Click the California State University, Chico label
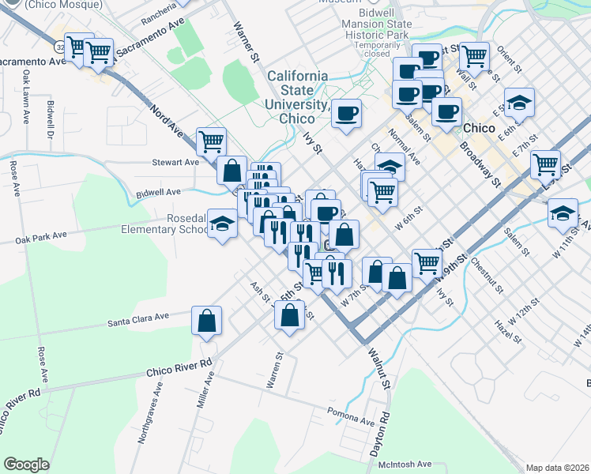click(297, 96)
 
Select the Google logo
click(26, 465)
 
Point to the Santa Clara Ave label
click(139, 318)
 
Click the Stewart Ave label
click(175, 162)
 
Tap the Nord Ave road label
click(167, 123)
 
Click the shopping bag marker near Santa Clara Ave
click(207, 321)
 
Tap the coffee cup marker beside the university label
click(346, 113)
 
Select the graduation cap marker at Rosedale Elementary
click(222, 224)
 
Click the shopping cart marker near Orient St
click(474, 55)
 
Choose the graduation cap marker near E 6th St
click(519, 102)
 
